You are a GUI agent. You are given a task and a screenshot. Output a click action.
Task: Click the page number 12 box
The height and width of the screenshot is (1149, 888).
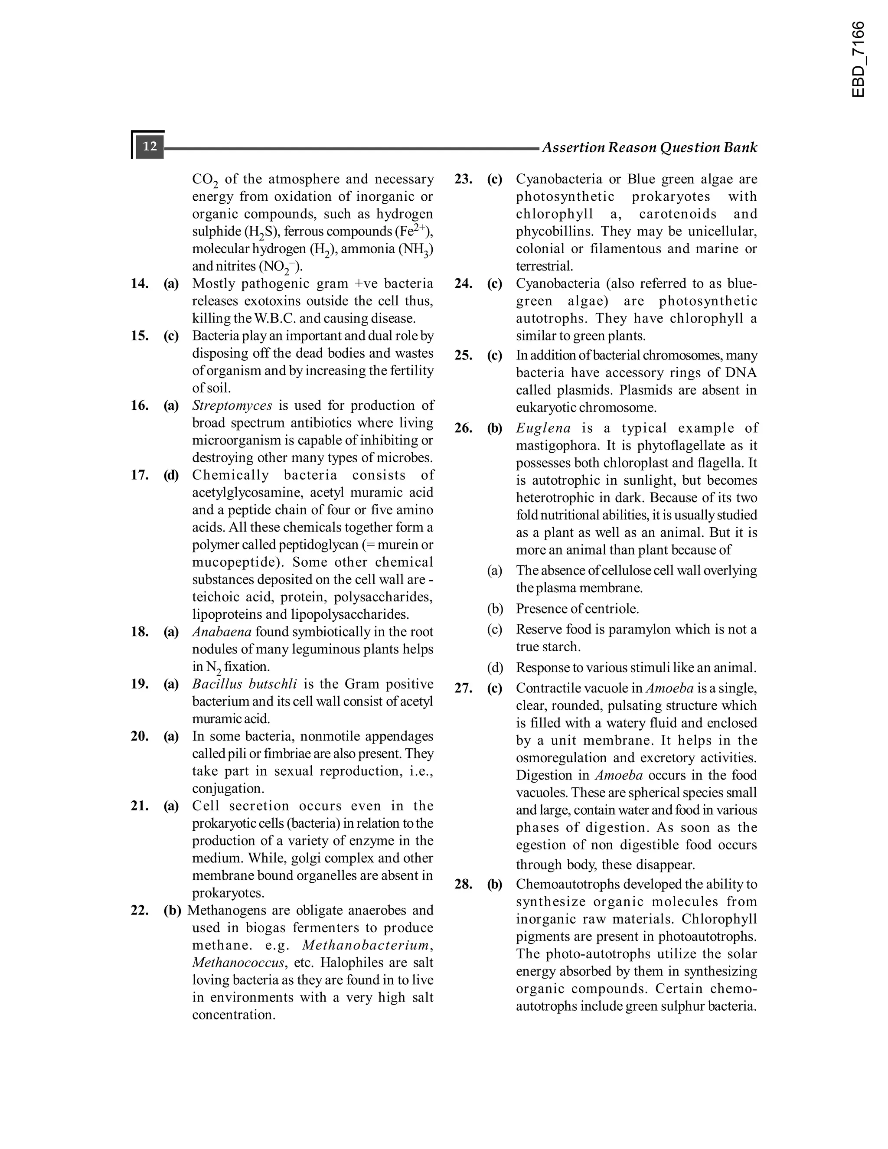(x=150, y=146)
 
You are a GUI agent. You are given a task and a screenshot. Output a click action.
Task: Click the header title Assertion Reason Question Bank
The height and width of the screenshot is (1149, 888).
(x=649, y=147)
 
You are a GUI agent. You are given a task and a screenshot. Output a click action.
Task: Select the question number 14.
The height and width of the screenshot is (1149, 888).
(x=140, y=284)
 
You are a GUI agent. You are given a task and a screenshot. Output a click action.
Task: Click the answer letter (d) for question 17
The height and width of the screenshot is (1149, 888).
(x=171, y=475)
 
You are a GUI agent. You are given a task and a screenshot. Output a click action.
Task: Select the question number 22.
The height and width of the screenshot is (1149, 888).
(x=140, y=910)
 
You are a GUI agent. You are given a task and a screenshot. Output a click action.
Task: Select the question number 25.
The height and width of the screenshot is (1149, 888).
(x=464, y=355)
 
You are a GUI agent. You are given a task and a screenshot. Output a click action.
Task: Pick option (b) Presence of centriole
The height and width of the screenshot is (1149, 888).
(x=577, y=609)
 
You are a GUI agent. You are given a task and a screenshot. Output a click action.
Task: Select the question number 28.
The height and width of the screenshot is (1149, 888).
(x=464, y=885)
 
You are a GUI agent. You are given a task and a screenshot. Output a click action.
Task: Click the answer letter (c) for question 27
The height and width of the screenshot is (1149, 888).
(x=494, y=688)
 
